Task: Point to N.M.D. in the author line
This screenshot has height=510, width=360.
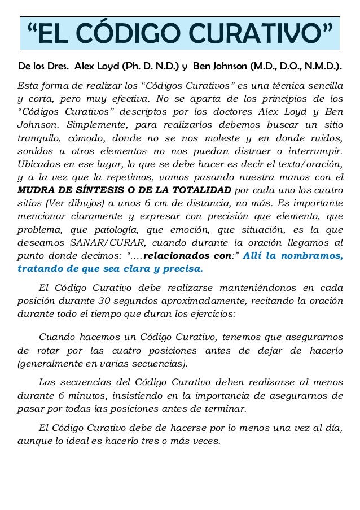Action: [x=321, y=68]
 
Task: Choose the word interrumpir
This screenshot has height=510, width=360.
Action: [x=313, y=151]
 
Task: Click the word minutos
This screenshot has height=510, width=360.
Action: [x=97, y=394]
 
